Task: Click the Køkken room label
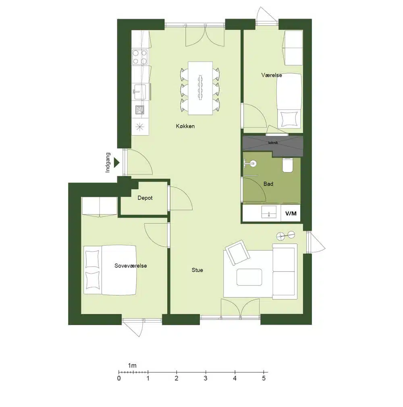coord(185,126)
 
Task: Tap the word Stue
coord(197,270)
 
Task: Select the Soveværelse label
coord(131,265)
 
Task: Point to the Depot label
coord(145,198)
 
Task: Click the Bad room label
coord(268,184)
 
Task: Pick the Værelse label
coord(272,75)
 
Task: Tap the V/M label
coord(291,213)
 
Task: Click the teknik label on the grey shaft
coord(273,142)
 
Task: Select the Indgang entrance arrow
coord(117,163)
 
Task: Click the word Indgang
coord(108,163)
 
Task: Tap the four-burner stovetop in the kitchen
coord(140,57)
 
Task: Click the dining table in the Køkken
coord(200,88)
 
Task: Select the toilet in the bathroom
coord(288,165)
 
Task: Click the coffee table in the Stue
coord(249,277)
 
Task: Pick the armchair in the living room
coord(237,252)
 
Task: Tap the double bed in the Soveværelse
coord(110,270)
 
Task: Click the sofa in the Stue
coord(285,271)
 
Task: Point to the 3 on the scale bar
coord(206,378)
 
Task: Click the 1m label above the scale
coord(132,365)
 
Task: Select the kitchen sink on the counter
coord(139,92)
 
